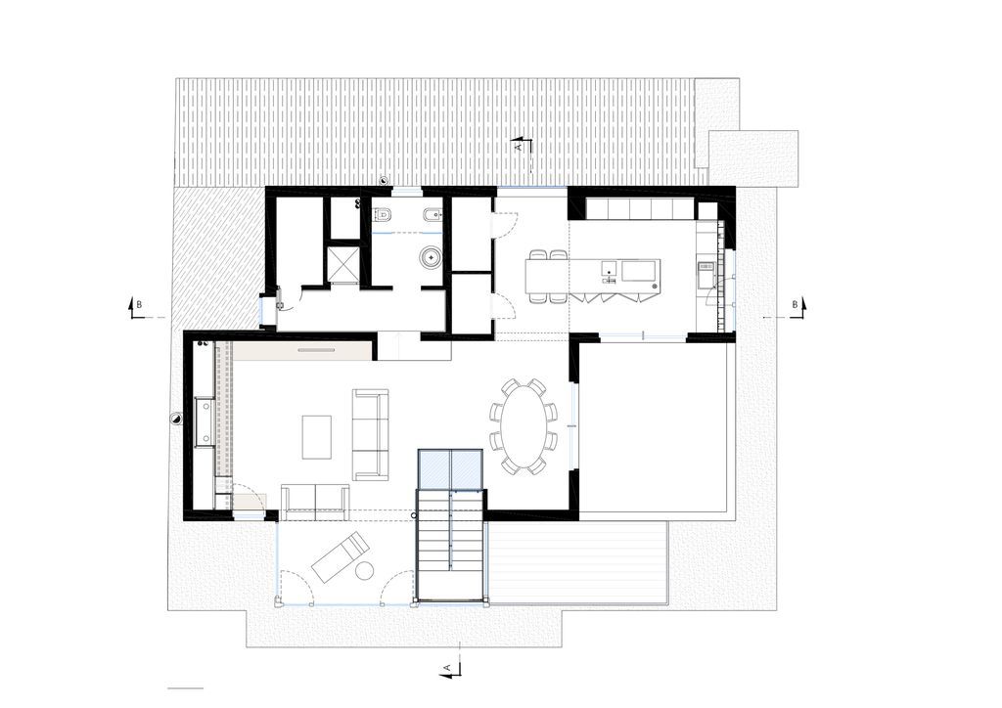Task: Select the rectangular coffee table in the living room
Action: (317, 437)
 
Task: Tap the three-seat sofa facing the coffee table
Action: (371, 435)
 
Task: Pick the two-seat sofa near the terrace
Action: (315, 499)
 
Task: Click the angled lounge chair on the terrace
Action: (340, 556)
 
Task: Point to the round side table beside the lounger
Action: (365, 570)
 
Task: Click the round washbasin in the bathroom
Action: (430, 257)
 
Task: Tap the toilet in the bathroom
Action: (383, 214)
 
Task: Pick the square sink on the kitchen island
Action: (609, 268)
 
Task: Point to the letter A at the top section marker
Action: (519, 147)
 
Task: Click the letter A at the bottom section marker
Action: (447, 668)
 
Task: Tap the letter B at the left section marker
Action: (139, 304)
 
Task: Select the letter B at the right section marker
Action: (795, 304)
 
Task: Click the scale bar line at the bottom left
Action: (185, 688)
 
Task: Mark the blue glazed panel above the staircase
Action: (450, 469)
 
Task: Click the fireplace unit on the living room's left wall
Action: (205, 421)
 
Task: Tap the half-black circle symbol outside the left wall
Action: (174, 419)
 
